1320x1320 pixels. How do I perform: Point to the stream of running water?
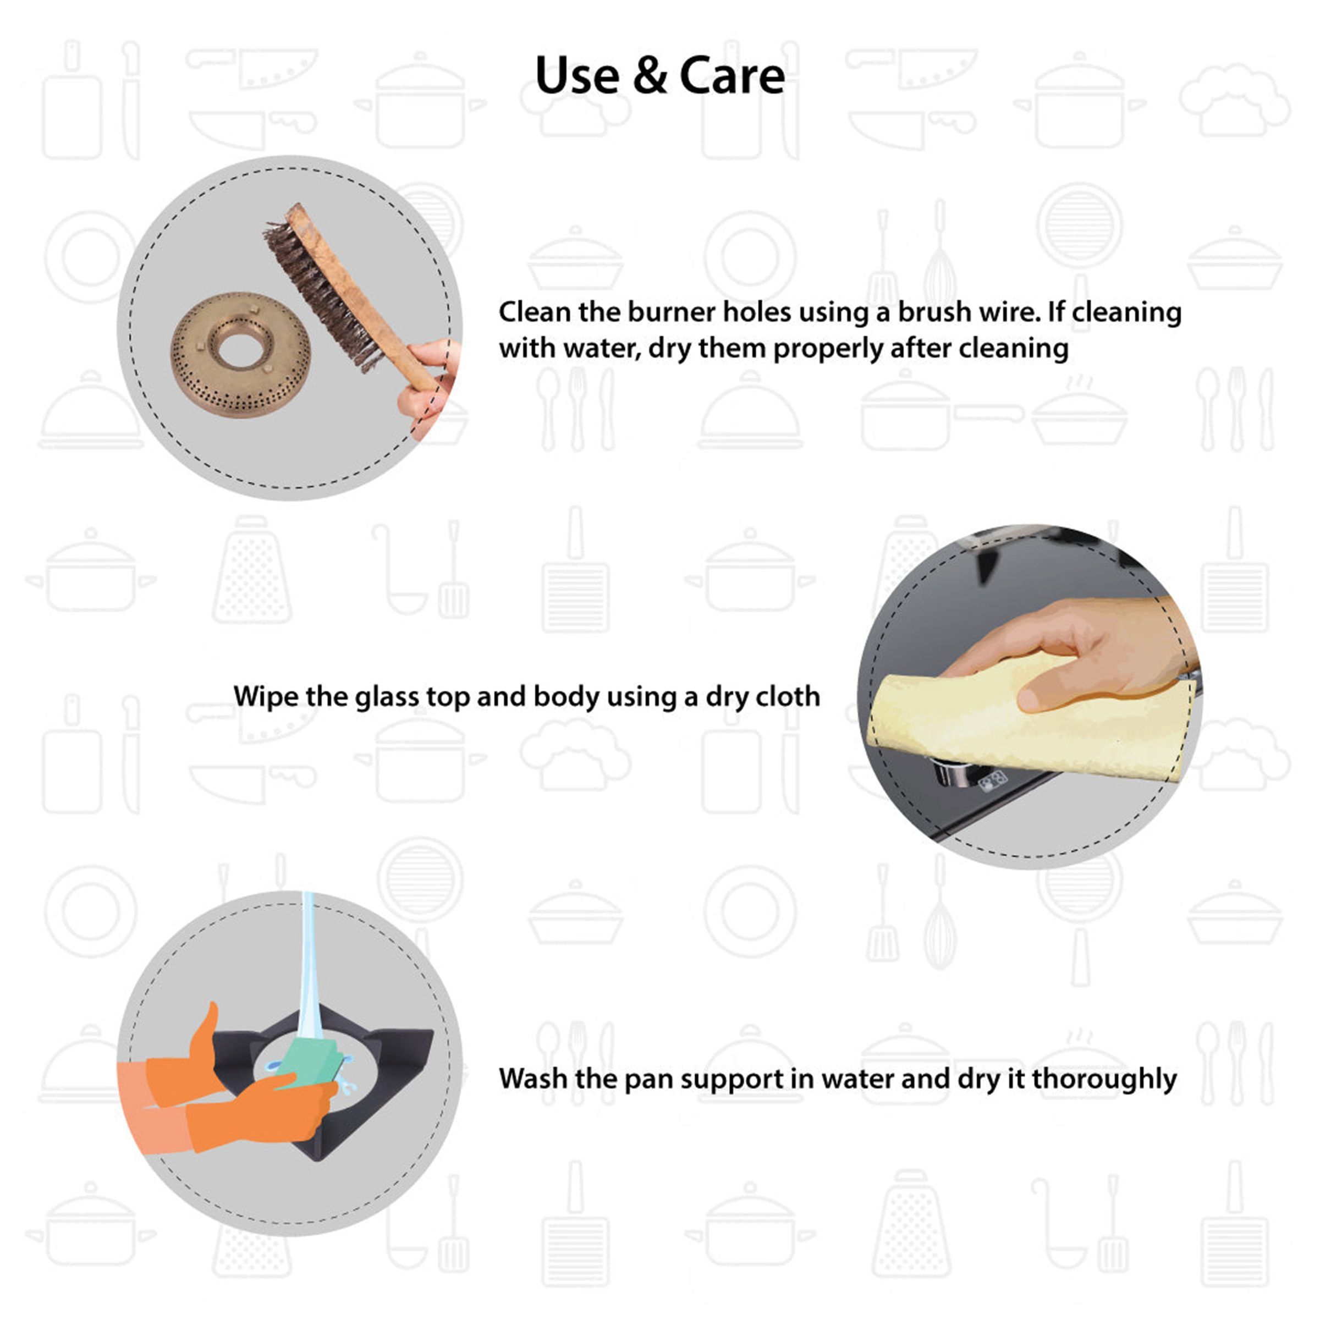click(308, 970)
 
